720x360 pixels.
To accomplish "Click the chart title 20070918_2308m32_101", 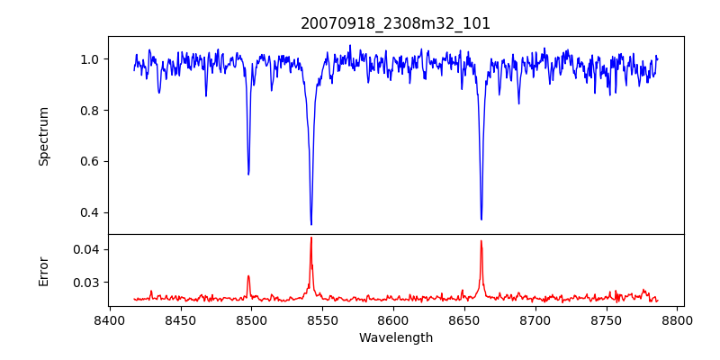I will (x=395, y=23).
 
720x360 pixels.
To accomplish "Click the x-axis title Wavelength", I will (x=395, y=337).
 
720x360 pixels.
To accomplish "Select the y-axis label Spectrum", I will (x=43, y=136).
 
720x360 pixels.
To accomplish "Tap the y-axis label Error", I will (x=43, y=270).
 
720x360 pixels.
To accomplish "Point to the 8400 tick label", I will (x=109, y=319).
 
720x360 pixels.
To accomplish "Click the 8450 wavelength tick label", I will (x=180, y=319).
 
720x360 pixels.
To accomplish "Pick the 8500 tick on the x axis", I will (x=251, y=319).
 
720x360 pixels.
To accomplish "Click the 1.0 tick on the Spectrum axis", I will (x=91, y=59).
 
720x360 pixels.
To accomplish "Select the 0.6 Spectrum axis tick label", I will (x=91, y=162).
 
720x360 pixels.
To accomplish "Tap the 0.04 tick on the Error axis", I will (x=87, y=249).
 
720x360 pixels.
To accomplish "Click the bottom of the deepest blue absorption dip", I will (x=311, y=224).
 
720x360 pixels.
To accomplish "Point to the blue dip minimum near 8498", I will (x=248, y=174).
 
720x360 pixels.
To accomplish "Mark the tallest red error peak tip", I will (x=311, y=238).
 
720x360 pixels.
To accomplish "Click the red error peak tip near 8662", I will (x=481, y=240).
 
